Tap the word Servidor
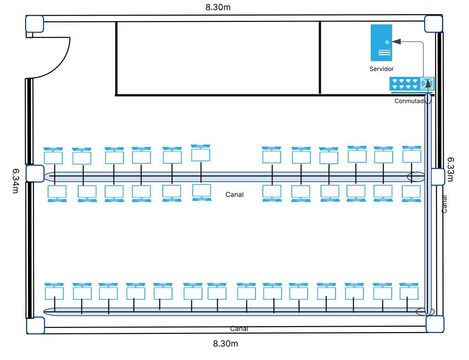tap(381, 69)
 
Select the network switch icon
tap(411, 83)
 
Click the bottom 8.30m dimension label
tap(225, 344)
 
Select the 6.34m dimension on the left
tap(16, 181)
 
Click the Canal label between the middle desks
tap(234, 194)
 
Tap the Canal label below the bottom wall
tap(239, 328)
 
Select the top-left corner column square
tap(34, 24)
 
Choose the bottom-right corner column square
tap(435, 324)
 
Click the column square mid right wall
tap(437, 177)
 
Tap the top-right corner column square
tap(433, 24)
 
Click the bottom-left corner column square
tap(35, 325)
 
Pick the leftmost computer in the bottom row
tap(54, 291)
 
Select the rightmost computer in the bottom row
tap(409, 291)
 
